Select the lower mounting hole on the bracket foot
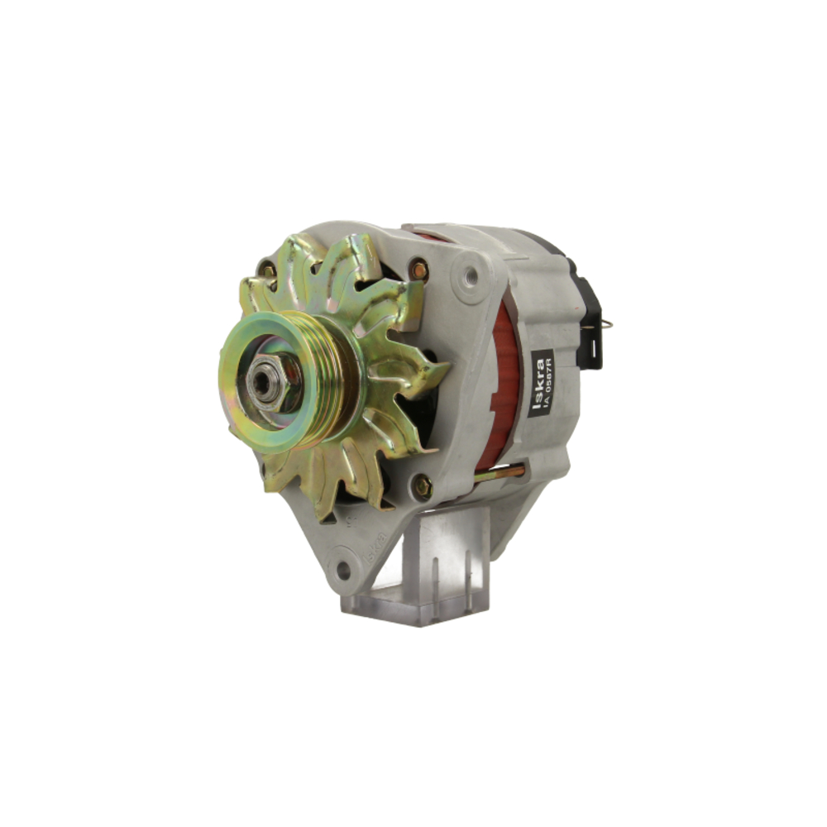pyautogui.click(x=342, y=569)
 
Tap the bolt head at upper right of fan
pyautogui.click(x=419, y=270)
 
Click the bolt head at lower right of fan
pyautogui.click(x=423, y=486)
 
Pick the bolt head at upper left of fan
pyautogui.click(x=266, y=270)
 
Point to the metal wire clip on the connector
pyautogui.click(x=607, y=324)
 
